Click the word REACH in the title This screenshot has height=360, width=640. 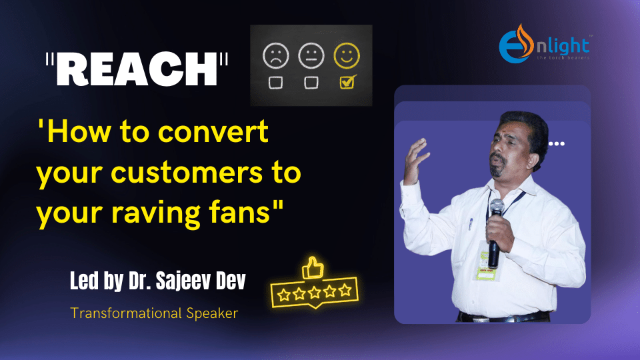coord(137,69)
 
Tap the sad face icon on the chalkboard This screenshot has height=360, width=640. coord(276,55)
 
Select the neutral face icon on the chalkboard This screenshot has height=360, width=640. coord(311,55)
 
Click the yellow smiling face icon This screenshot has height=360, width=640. coord(347,55)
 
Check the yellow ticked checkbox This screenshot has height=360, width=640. coord(348,81)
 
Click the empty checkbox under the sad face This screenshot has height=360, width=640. coord(275,83)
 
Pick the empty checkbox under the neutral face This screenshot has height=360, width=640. coord(311,83)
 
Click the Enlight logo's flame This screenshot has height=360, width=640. coord(525,40)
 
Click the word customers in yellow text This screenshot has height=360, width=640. coord(187,172)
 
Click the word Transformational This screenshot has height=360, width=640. coord(126,313)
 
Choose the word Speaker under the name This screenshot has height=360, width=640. coord(212,313)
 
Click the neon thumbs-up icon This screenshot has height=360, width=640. coord(313,268)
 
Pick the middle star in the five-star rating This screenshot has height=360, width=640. coord(314,292)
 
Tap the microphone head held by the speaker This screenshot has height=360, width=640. coord(497,207)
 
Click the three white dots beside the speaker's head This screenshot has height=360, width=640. coord(557,144)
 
